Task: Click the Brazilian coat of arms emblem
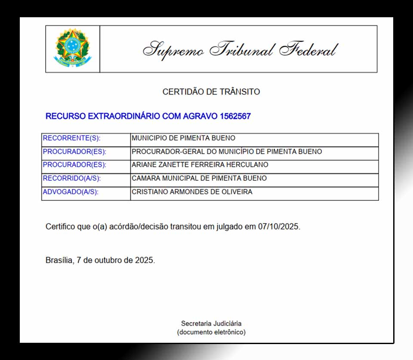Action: pyautogui.click(x=72, y=48)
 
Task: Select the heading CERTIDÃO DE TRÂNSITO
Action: pyautogui.click(x=211, y=92)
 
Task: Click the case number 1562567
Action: pyautogui.click(x=235, y=116)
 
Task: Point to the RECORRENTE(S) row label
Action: pyautogui.click(x=71, y=139)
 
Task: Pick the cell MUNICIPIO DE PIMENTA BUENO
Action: pyautogui.click(x=183, y=139)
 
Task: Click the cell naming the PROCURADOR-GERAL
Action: pyautogui.click(x=227, y=152)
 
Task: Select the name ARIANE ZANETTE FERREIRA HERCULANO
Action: pyautogui.click(x=200, y=165)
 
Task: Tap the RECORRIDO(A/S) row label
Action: pyautogui.click(x=72, y=178)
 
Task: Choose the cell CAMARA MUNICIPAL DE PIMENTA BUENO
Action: pyautogui.click(x=199, y=178)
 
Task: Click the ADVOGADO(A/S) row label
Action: pyautogui.click(x=71, y=192)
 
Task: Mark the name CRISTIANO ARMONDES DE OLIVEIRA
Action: pyautogui.click(x=192, y=192)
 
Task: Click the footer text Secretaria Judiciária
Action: pyautogui.click(x=211, y=323)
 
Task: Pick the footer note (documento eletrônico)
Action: pyautogui.click(x=211, y=332)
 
